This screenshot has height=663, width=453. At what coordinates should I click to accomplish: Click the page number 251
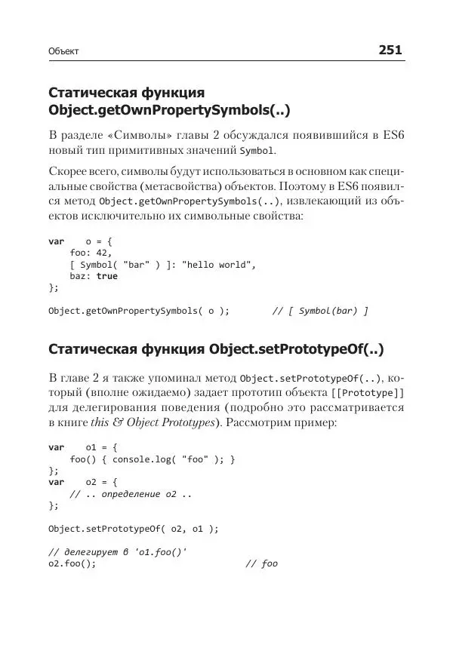click(390, 51)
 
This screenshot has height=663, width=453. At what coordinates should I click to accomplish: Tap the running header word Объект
click(63, 52)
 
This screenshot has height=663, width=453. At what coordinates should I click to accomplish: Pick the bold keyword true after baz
click(107, 276)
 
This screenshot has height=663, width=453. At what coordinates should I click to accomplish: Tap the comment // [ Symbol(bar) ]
click(320, 310)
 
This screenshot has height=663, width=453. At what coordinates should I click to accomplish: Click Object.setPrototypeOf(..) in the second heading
click(297, 349)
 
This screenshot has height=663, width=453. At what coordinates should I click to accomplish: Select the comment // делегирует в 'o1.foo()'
click(117, 552)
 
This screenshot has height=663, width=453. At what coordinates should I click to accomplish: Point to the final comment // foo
click(262, 563)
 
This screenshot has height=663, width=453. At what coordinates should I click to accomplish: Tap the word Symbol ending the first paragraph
click(254, 151)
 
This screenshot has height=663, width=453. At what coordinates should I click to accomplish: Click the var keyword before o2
click(56, 482)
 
